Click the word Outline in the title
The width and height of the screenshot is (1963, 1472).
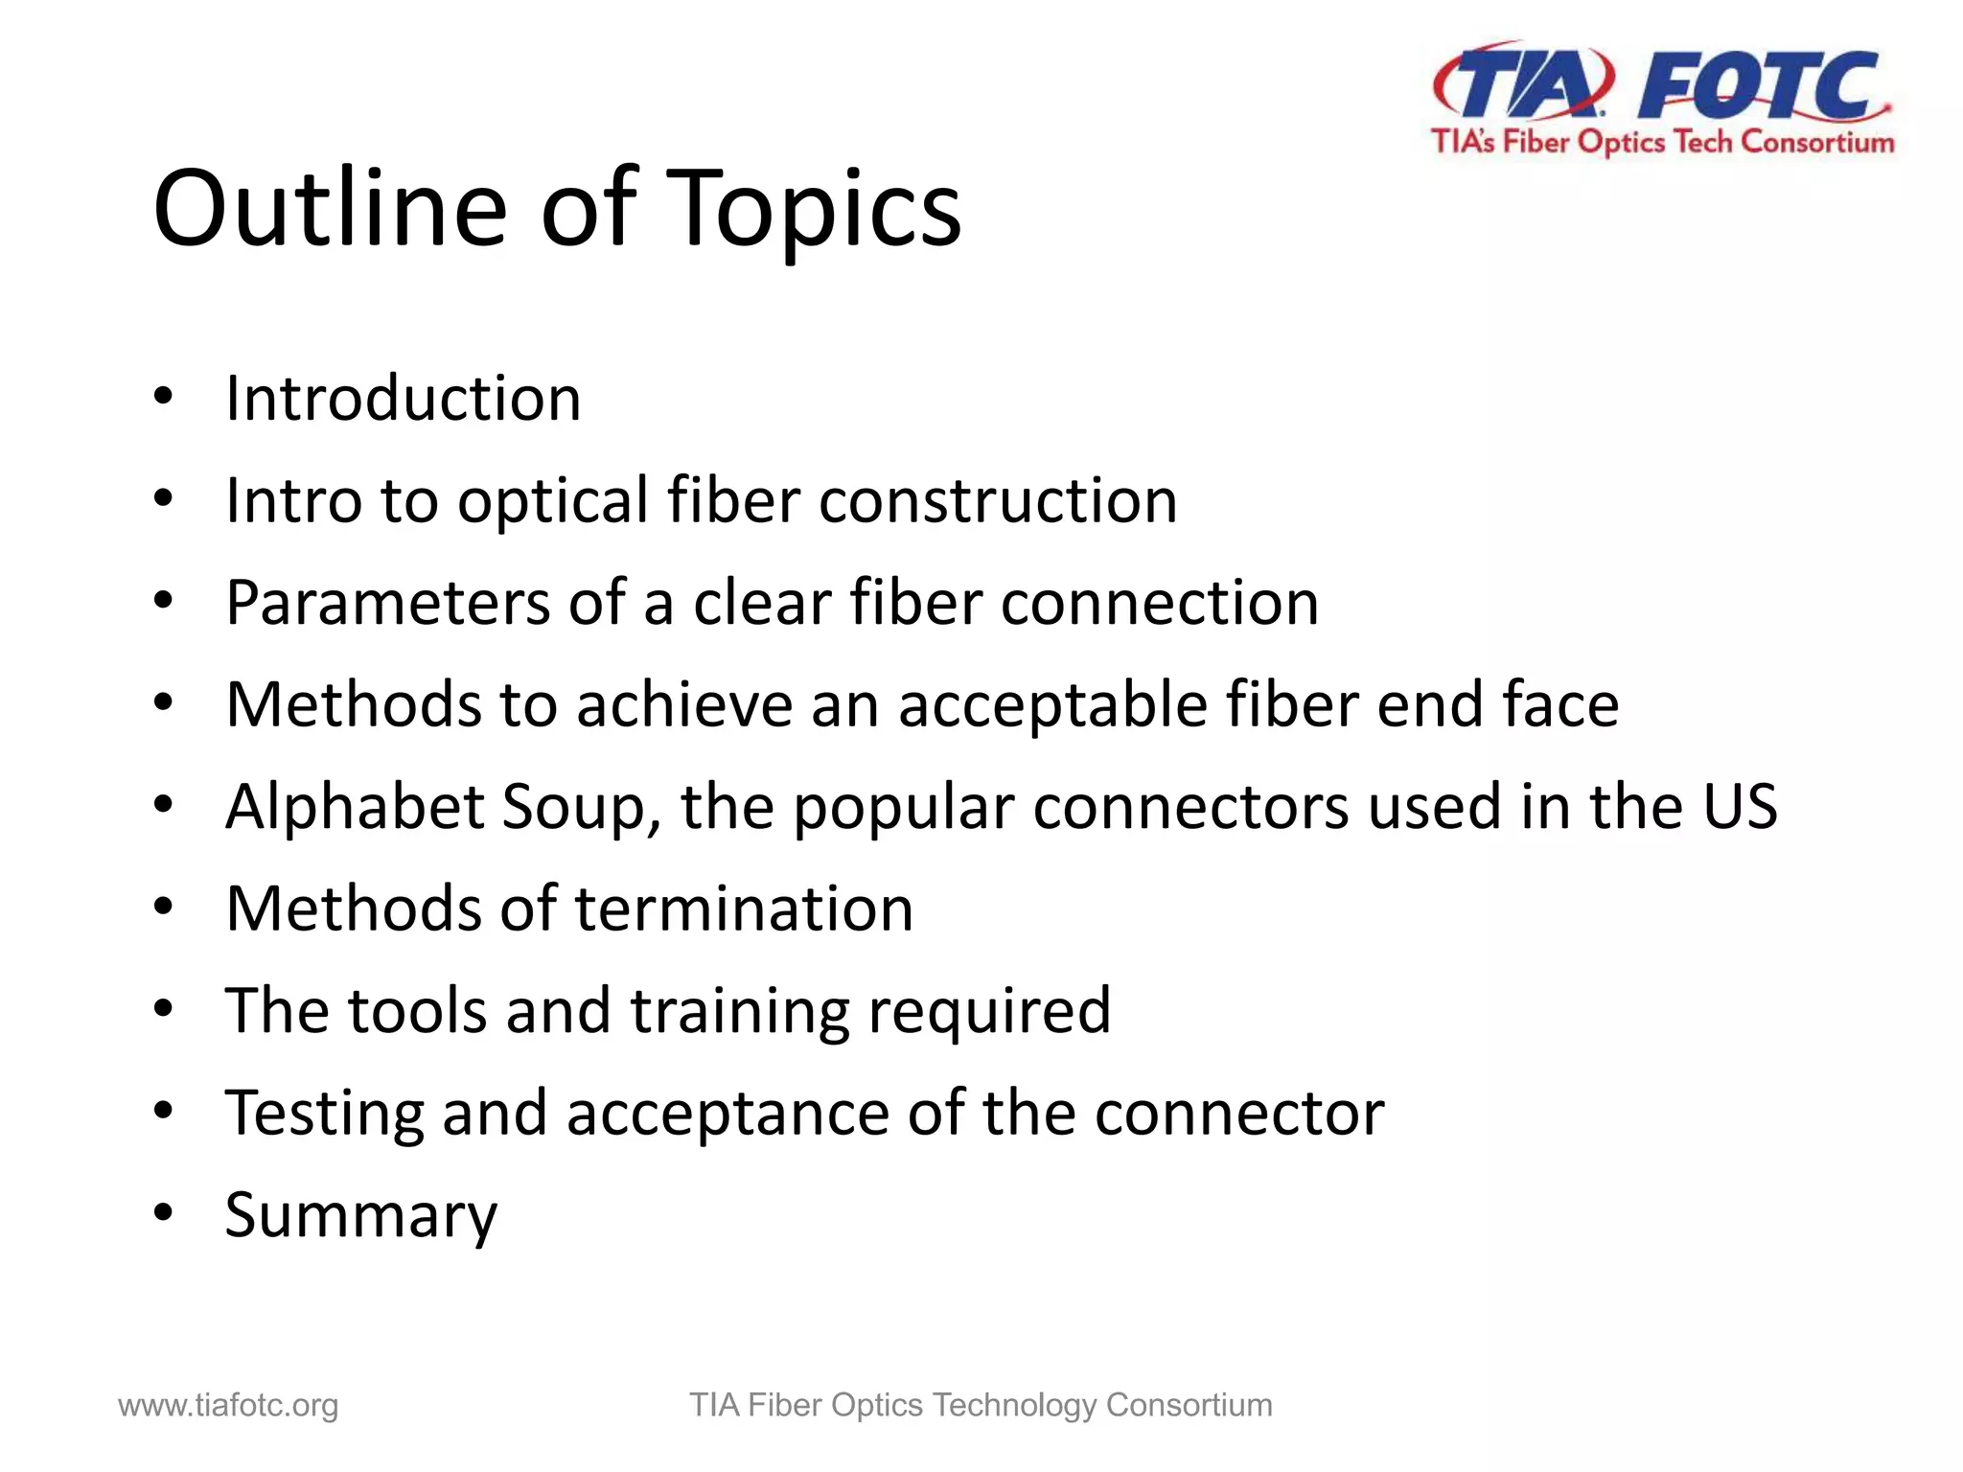tap(329, 208)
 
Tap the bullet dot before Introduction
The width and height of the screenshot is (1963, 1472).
tap(163, 396)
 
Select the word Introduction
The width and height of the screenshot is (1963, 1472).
tap(403, 398)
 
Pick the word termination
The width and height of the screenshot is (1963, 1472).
tap(744, 908)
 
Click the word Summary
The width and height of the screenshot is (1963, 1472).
tap(361, 1216)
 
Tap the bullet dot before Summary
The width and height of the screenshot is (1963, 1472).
tap(163, 1213)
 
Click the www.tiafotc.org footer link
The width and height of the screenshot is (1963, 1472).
tap(228, 1405)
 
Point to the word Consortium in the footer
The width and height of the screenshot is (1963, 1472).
tap(1189, 1405)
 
